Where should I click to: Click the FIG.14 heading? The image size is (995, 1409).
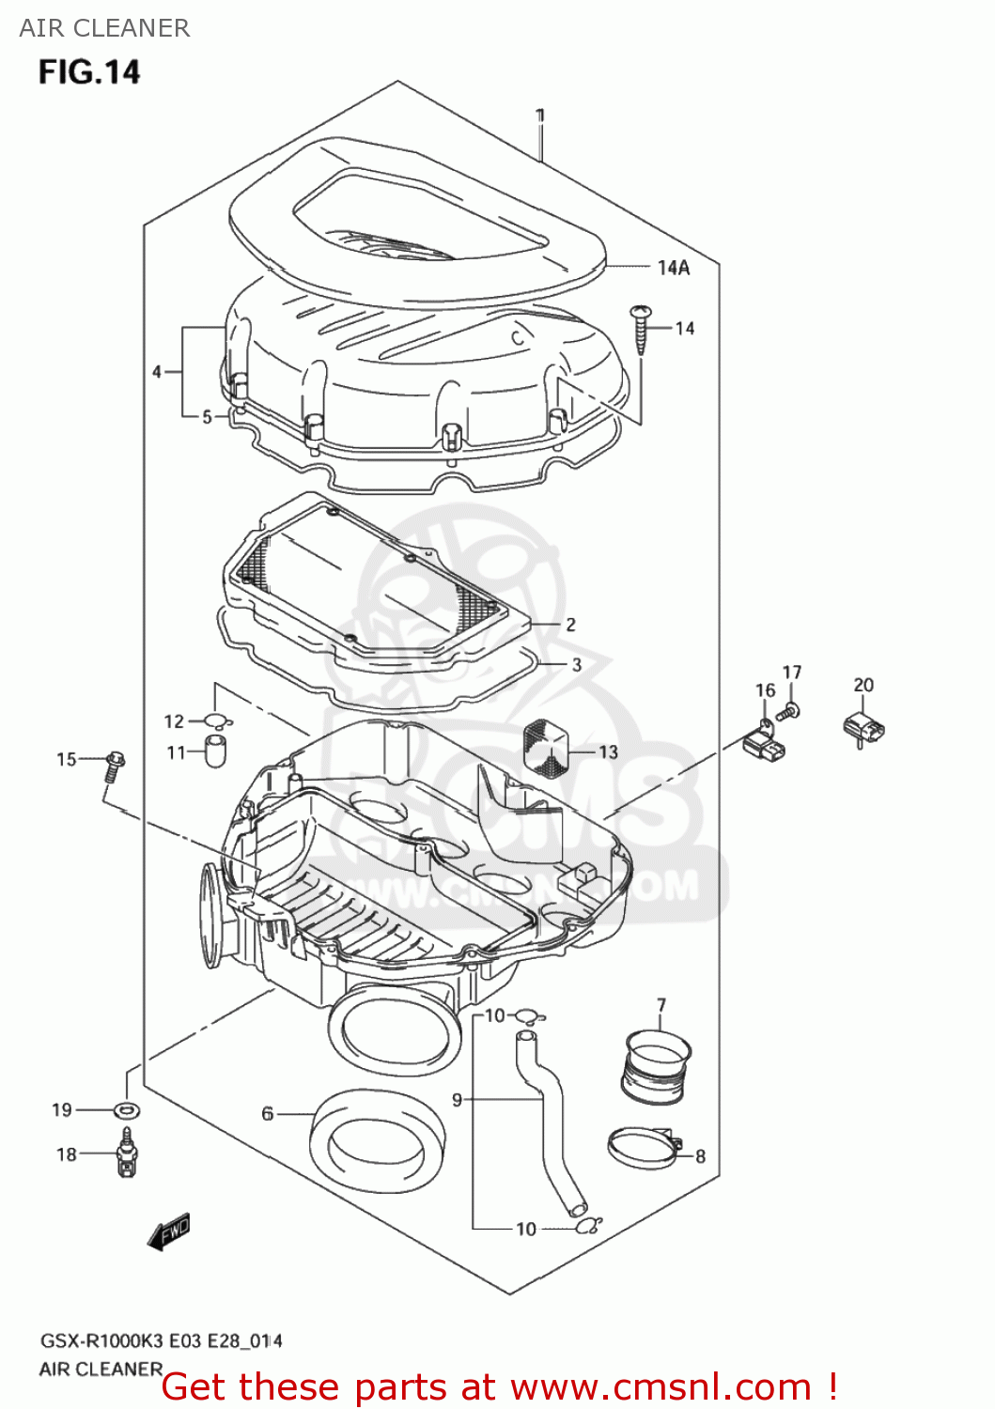point(89,72)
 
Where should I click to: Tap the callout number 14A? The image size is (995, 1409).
point(673,268)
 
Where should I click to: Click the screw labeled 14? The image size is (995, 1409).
point(642,328)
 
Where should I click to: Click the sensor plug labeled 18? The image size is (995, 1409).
point(126,1154)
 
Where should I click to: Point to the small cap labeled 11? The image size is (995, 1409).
point(216,751)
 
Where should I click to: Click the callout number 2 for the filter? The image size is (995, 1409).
point(570,624)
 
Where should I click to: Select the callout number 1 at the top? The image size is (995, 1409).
point(540,116)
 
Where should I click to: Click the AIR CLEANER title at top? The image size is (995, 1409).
point(104,28)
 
